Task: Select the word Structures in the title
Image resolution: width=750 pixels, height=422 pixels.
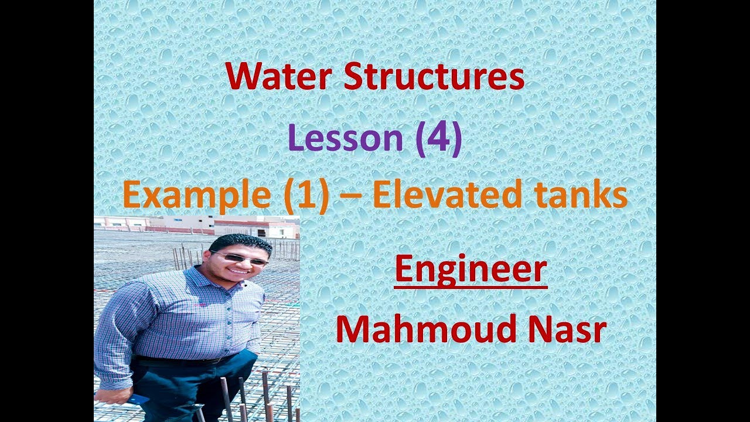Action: [434, 77]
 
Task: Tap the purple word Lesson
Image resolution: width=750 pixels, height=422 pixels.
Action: [345, 139]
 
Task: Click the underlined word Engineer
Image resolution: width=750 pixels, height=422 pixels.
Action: [471, 270]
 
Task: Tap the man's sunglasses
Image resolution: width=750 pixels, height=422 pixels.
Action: [240, 257]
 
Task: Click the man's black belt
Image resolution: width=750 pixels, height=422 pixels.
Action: [182, 360]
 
